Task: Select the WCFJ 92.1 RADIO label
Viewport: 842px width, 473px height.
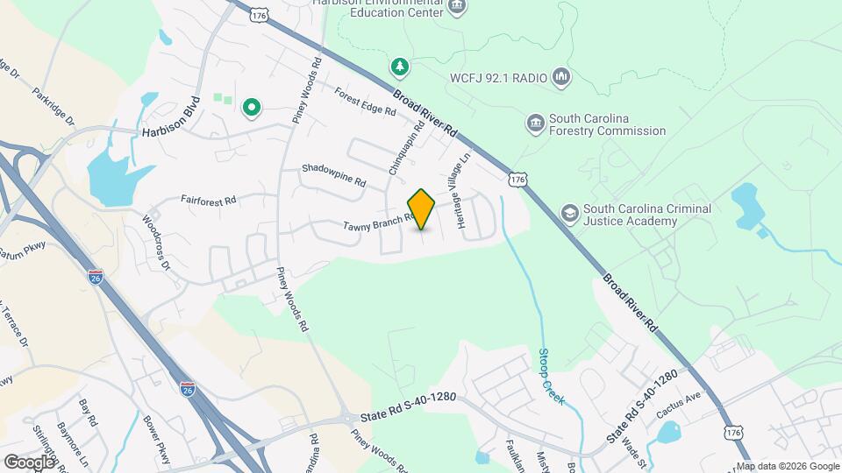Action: pyautogui.click(x=498, y=78)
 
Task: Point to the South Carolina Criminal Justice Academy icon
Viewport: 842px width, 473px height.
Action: pyautogui.click(x=570, y=212)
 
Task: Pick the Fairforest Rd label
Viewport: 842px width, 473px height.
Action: pyautogui.click(x=209, y=201)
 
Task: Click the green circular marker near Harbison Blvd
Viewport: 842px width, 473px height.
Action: pyautogui.click(x=252, y=108)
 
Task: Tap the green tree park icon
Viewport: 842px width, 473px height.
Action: pyautogui.click(x=399, y=67)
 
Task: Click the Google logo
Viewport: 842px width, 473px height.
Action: pyautogui.click(x=29, y=462)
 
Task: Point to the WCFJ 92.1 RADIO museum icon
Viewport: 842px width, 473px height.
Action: pyautogui.click(x=562, y=78)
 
